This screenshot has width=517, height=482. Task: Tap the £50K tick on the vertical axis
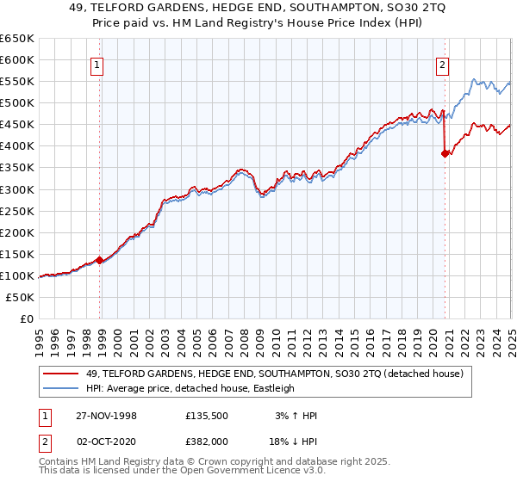pos(21,297)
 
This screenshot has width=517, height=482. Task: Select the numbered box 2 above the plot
pos(442,65)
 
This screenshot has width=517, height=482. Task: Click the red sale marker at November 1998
pos(100,259)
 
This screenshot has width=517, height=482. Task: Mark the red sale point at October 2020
pos(445,154)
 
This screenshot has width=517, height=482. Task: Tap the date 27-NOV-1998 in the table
pos(105,416)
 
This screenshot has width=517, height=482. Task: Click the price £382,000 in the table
pos(207,440)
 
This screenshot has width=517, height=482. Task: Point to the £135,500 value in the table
pos(207,416)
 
